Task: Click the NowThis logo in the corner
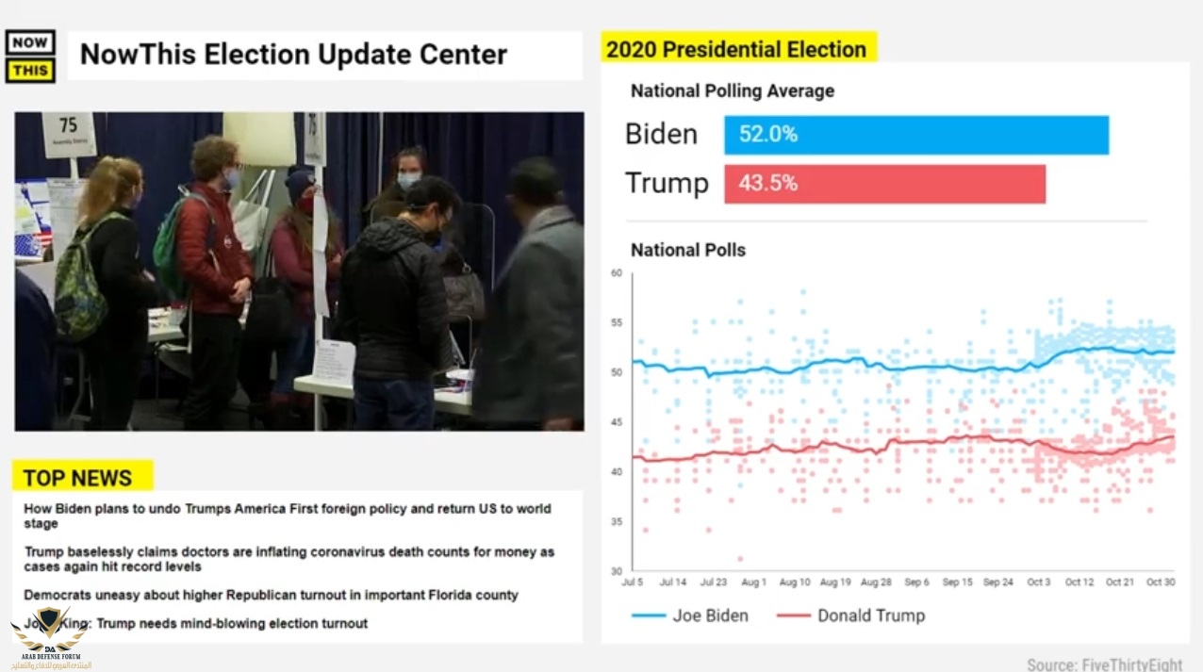click(x=30, y=57)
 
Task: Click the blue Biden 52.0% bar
click(x=915, y=135)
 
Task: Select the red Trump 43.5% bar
click(x=884, y=184)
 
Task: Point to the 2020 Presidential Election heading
click(x=736, y=49)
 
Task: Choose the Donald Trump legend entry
click(x=851, y=615)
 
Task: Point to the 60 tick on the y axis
click(x=617, y=273)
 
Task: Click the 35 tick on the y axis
click(x=617, y=521)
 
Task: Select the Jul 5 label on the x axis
click(x=633, y=582)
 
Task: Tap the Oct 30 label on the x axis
click(x=1160, y=582)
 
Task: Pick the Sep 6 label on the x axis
click(x=916, y=582)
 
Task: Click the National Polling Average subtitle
click(x=733, y=91)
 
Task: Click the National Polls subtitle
click(x=688, y=251)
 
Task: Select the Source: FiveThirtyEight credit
click(x=1104, y=664)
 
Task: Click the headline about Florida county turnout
click(x=271, y=596)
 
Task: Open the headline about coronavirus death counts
click(x=288, y=559)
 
